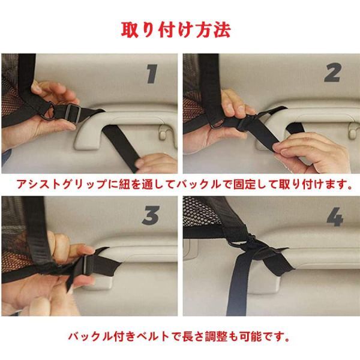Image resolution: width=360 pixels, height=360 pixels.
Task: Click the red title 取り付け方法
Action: coord(176,30)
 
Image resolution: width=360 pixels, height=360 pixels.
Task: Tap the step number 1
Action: coord(152,74)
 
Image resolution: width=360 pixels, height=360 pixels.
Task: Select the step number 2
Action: coord(332,73)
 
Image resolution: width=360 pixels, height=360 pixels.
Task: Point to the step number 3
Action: coord(151,215)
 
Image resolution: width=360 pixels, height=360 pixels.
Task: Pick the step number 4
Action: coord(335,217)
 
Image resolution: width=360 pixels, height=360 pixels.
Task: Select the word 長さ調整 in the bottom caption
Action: coord(205,337)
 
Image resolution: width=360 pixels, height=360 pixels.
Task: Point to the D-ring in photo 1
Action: coord(50,112)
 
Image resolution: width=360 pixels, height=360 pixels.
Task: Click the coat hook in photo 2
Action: coord(353,131)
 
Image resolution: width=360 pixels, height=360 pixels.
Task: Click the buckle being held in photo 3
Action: coord(88,264)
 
